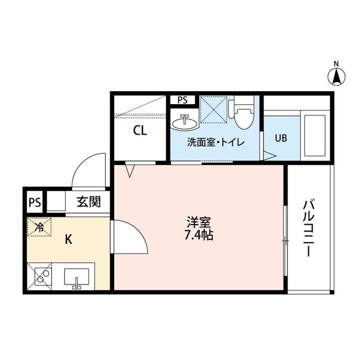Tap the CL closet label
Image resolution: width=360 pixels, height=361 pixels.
click(140, 131)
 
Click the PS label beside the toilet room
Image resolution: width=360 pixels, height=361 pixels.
click(182, 100)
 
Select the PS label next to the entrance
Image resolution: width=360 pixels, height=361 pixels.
click(34, 202)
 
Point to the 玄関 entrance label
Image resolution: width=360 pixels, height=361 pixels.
click(88, 201)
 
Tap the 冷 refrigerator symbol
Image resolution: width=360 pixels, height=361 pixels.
click(40, 228)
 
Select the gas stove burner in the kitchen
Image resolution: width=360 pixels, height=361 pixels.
click(41, 277)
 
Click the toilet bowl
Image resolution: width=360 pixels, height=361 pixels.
click(244, 117)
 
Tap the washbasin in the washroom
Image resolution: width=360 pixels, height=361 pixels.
click(185, 121)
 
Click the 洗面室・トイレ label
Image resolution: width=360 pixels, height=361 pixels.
click(215, 142)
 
